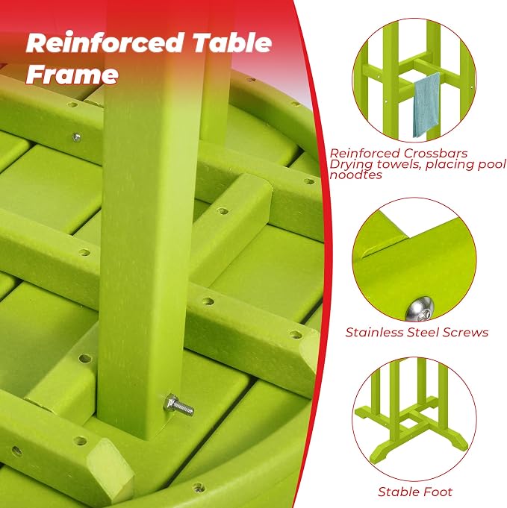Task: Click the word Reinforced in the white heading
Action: point(105,43)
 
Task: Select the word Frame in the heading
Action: point(72,74)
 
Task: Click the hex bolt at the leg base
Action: point(178,405)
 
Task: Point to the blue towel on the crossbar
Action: point(426,105)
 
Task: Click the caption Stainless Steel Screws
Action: point(417,333)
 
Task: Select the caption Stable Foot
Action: point(415,492)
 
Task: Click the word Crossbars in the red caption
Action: point(435,153)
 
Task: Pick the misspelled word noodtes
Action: point(356,175)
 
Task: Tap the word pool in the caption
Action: point(492,165)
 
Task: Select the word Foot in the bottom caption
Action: point(437,492)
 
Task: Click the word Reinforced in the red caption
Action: point(365,153)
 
